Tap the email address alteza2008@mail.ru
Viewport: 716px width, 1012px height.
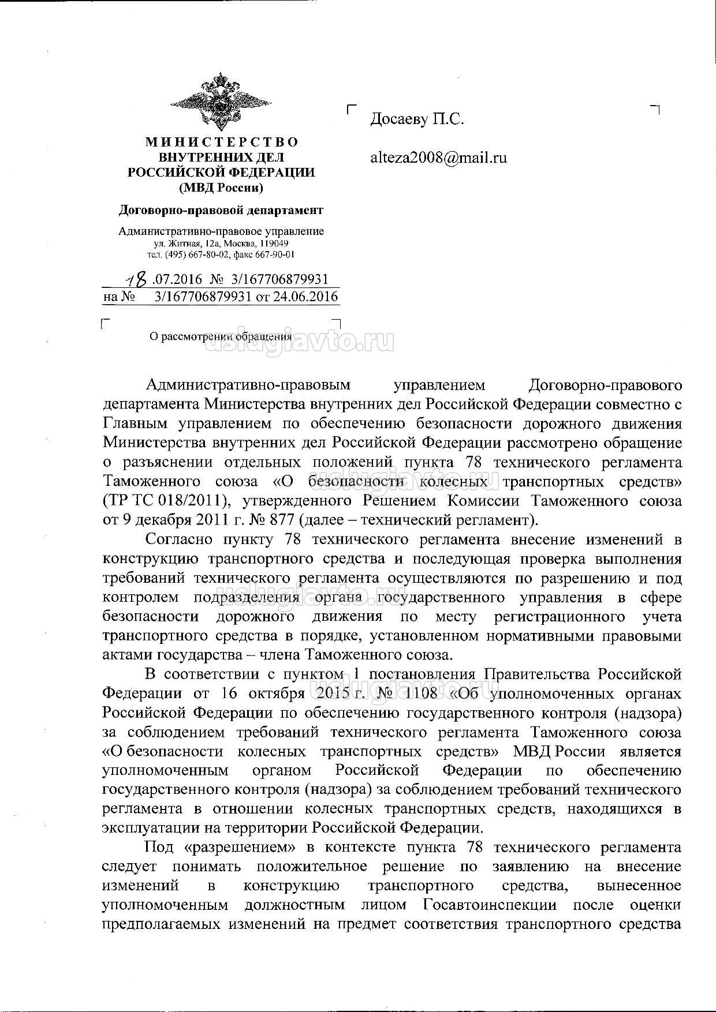coord(438,157)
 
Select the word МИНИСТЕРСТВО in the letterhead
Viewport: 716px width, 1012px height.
coord(221,142)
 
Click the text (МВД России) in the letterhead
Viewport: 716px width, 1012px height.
coord(221,188)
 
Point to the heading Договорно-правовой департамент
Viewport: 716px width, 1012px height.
coord(221,210)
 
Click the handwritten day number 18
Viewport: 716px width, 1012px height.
coord(138,280)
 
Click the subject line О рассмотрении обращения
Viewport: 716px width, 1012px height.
coord(221,336)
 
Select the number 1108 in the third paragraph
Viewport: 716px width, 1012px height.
coord(419,694)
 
